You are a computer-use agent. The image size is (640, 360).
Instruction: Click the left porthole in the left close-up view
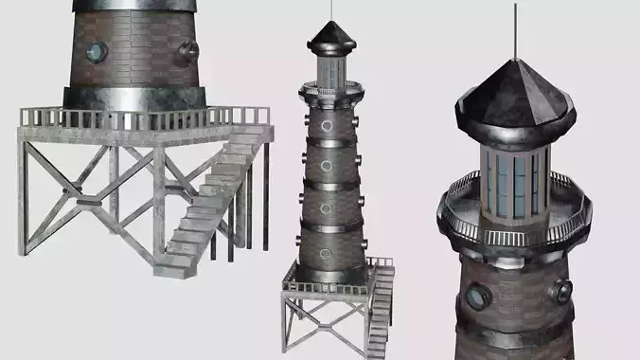[97, 52]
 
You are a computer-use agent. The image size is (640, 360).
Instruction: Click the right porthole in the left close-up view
[187, 50]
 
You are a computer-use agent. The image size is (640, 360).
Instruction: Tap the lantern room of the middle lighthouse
[332, 69]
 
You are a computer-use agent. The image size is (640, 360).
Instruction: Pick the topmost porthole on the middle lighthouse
[328, 125]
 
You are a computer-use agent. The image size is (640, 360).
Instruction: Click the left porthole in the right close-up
[473, 299]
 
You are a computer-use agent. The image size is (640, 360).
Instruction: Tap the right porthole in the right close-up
[561, 291]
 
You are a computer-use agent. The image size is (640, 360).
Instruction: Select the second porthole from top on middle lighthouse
[327, 166]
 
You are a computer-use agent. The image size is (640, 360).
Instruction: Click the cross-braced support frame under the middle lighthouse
[323, 327]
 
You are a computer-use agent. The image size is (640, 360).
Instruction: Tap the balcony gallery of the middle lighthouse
[331, 92]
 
